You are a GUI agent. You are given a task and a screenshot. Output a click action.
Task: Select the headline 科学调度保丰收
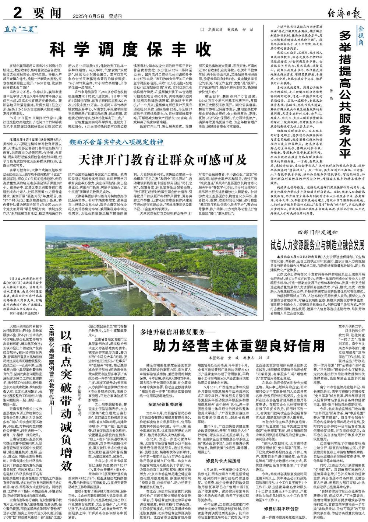(x=131, y=48)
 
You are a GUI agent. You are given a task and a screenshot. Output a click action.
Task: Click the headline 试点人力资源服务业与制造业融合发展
(x=317, y=245)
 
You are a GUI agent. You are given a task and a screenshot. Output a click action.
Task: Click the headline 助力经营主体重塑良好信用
(x=234, y=345)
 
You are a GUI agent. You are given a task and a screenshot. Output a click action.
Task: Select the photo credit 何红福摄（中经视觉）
(x=26, y=312)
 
